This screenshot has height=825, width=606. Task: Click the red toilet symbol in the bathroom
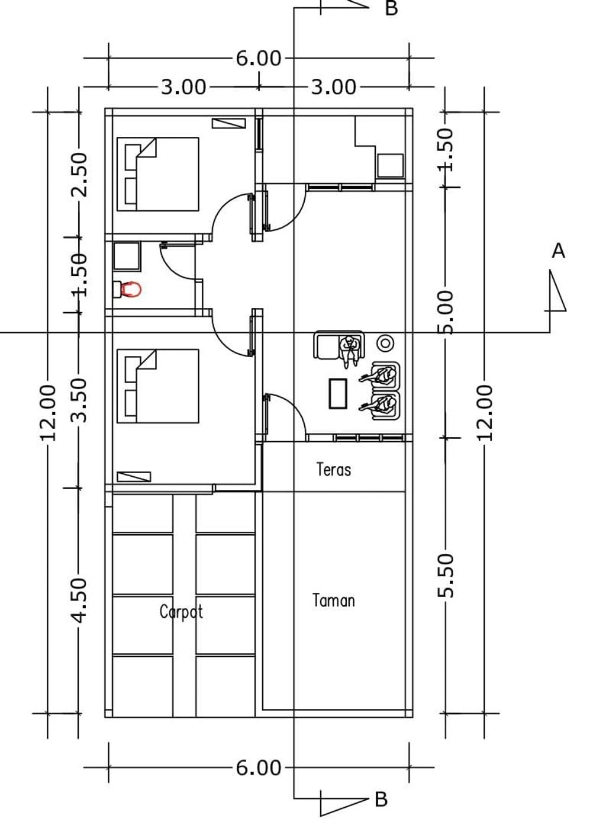coord(127,290)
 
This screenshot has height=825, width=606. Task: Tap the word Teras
coord(333,470)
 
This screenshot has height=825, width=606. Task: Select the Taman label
coord(333,601)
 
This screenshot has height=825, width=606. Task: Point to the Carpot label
coord(181,612)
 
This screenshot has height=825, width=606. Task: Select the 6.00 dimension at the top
coord(258,59)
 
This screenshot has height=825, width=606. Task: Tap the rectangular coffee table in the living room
coord(338,394)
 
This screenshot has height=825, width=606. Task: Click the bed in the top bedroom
coord(158,174)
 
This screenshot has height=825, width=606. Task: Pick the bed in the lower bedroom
coord(158,386)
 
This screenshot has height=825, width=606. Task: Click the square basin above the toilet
coord(127,256)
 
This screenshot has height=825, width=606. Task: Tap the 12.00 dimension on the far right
coord(484,412)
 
